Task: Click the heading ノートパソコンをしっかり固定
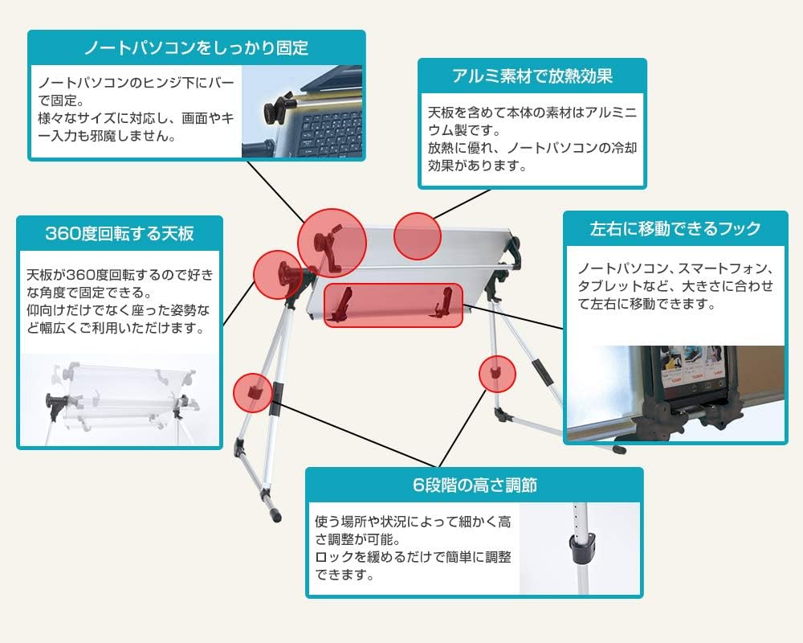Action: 196,47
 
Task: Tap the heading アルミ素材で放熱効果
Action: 532,76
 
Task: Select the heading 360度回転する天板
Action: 120,233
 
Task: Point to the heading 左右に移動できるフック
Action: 675,228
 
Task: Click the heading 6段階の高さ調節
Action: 475,485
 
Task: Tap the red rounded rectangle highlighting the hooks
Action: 393,305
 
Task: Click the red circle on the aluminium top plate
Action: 418,235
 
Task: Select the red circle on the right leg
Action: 497,374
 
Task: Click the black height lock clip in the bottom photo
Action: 582,547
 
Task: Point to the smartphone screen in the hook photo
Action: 694,369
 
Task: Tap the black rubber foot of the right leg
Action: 619,449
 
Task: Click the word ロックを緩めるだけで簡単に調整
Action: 413,557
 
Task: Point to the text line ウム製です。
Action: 464,130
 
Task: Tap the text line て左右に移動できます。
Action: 646,304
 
